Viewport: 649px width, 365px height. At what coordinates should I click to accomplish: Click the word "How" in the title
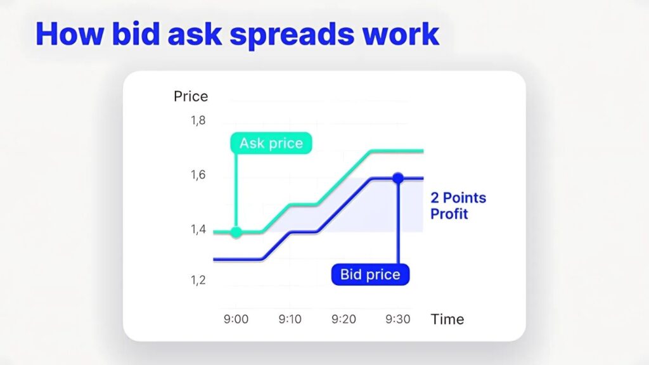[70, 34]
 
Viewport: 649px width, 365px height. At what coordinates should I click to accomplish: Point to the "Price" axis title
[191, 96]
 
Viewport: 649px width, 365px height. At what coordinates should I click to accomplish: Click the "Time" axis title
[447, 319]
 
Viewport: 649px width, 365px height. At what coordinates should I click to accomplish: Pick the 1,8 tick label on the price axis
[198, 120]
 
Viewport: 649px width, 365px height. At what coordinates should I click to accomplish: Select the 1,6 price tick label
[198, 175]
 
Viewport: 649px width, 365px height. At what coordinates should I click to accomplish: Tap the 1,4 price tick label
[198, 229]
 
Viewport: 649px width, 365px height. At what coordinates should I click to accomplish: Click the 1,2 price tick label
[198, 280]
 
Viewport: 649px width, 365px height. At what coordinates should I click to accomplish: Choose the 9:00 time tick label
[236, 319]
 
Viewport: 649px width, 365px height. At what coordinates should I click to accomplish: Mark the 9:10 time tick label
[290, 319]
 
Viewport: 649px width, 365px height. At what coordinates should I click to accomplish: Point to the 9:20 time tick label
[344, 319]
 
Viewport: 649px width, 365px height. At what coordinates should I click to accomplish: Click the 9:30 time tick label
[398, 319]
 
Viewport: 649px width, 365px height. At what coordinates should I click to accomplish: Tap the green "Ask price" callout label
[271, 143]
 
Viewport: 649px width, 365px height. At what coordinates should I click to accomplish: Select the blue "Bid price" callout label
[370, 274]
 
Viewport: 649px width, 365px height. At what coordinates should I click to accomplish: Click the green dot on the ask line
[236, 232]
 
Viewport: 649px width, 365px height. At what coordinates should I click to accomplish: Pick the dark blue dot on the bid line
[398, 178]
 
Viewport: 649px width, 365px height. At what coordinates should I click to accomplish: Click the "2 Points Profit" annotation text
[458, 206]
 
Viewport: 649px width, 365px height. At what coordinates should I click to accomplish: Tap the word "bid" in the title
[136, 34]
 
